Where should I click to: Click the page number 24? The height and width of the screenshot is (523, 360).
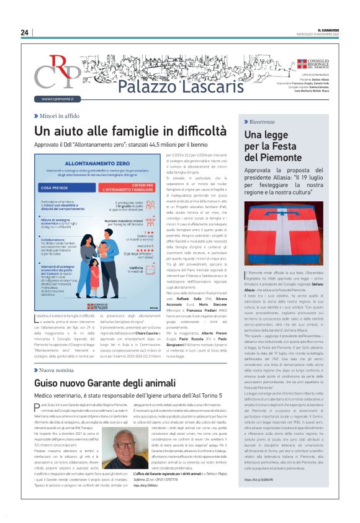(x=24, y=32)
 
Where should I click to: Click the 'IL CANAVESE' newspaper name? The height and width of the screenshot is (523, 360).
(x=328, y=30)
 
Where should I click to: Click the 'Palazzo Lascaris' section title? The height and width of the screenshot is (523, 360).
(x=163, y=86)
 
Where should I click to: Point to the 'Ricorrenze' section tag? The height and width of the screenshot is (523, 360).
(x=267, y=121)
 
